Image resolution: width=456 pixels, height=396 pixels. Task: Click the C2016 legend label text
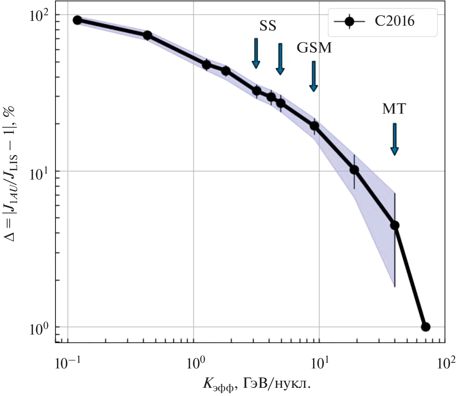coord(395,22)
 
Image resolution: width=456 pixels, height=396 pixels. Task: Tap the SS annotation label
coord(268,26)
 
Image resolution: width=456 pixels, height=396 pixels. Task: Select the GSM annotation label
coord(314,48)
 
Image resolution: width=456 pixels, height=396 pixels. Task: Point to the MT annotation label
coord(394,109)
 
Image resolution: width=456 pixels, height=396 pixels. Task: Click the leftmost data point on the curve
coord(77,20)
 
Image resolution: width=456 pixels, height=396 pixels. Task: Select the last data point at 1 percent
coord(425,327)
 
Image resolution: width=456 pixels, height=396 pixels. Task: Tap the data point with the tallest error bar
coord(395,225)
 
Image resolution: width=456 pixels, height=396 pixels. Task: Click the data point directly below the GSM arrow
coord(315,126)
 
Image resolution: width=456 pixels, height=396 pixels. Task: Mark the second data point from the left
coord(147,35)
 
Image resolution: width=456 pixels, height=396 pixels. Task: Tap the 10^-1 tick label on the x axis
coord(66,362)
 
